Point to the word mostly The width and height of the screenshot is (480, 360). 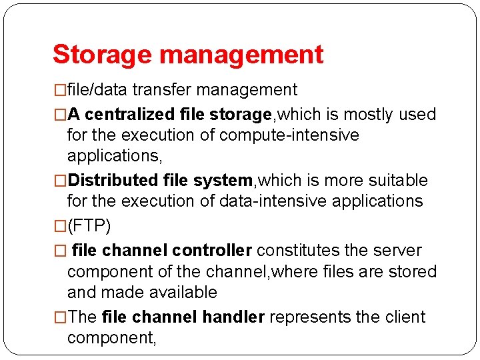367,115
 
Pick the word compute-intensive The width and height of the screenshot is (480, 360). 289,135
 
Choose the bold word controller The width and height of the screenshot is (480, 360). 211,251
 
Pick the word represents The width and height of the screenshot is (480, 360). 310,317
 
